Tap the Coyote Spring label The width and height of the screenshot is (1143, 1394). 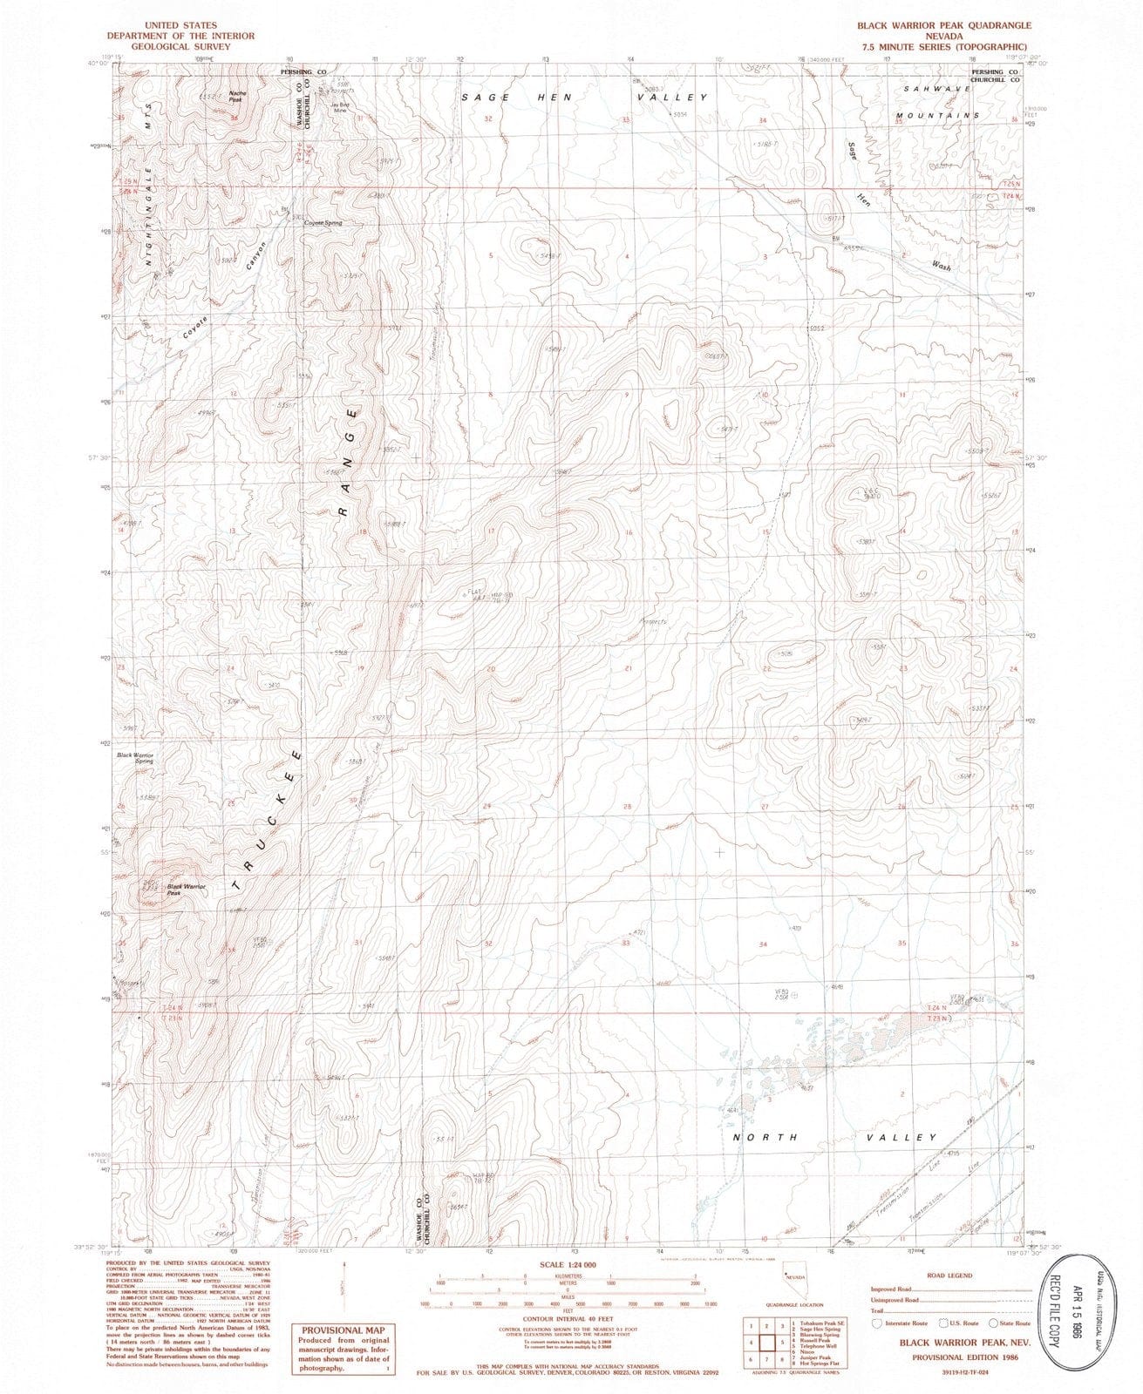[x=322, y=223]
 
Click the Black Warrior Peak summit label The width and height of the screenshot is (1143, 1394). [x=186, y=890]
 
